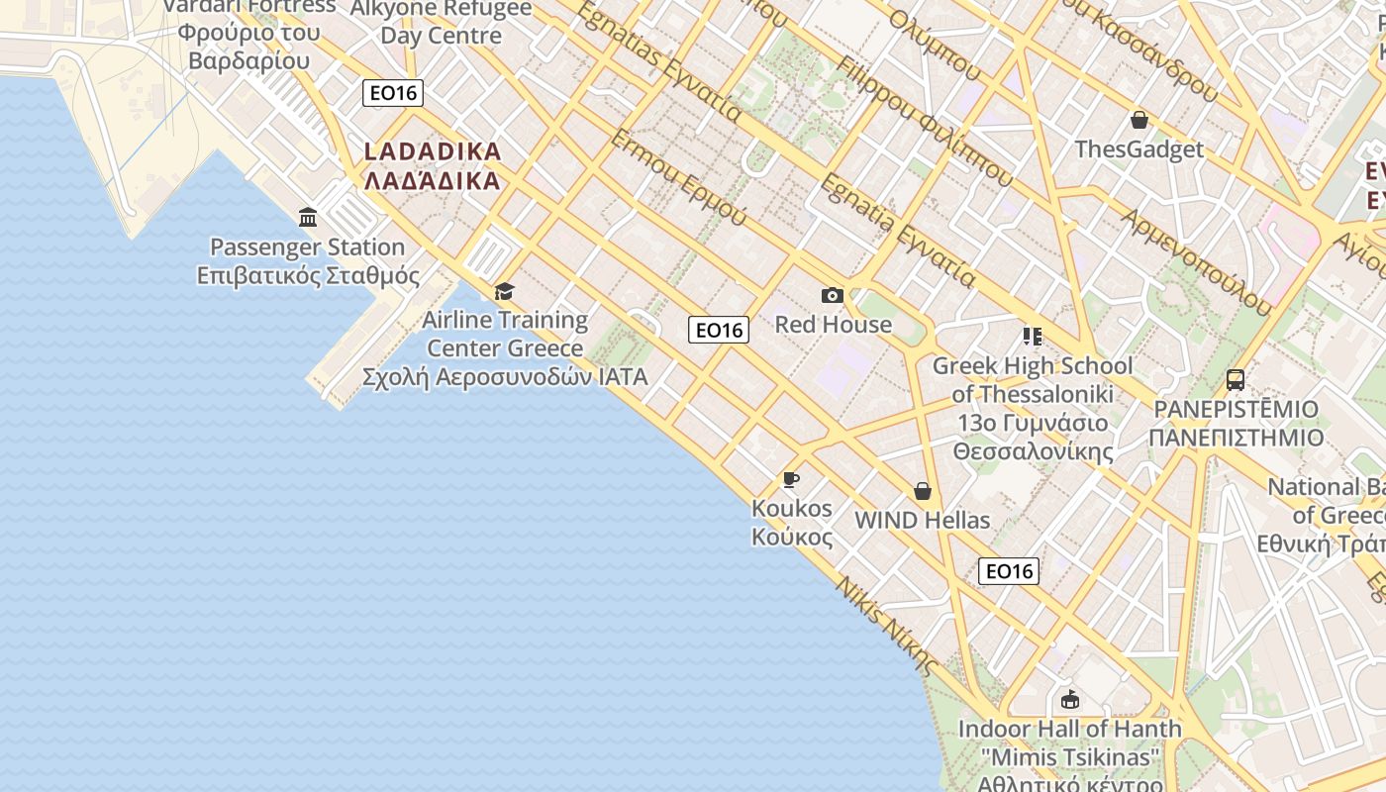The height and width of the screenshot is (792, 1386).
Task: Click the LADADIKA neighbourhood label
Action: pos(433,166)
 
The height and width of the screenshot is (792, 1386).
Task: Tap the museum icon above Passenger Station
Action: pos(308,218)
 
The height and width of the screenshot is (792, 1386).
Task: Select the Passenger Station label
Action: pos(308,261)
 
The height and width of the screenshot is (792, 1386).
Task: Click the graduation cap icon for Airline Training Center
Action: pos(505,291)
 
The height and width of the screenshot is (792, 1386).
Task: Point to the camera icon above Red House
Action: pos(833,295)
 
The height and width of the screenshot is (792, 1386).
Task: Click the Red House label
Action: pos(833,325)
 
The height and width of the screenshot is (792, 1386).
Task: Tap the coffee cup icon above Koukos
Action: pos(791,480)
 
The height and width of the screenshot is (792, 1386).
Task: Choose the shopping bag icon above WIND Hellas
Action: pos(923,491)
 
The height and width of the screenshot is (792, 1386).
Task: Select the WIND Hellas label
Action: pos(922,520)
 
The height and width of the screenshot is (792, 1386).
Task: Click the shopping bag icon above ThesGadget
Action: pos(1139,121)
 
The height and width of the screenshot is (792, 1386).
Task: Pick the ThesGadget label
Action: pos(1139,149)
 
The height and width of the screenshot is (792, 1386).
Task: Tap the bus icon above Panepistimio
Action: pos(1236,379)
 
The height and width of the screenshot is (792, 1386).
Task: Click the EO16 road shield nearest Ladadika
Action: pos(393,93)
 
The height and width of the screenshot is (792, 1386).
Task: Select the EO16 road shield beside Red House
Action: pos(719,330)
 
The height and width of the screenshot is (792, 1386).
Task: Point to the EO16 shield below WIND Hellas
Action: pos(1009,570)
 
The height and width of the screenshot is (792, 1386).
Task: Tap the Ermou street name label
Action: pos(677,176)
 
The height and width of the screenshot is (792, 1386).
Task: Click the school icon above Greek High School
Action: pos(1033,337)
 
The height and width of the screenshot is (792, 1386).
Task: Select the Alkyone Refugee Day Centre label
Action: pos(442,23)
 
